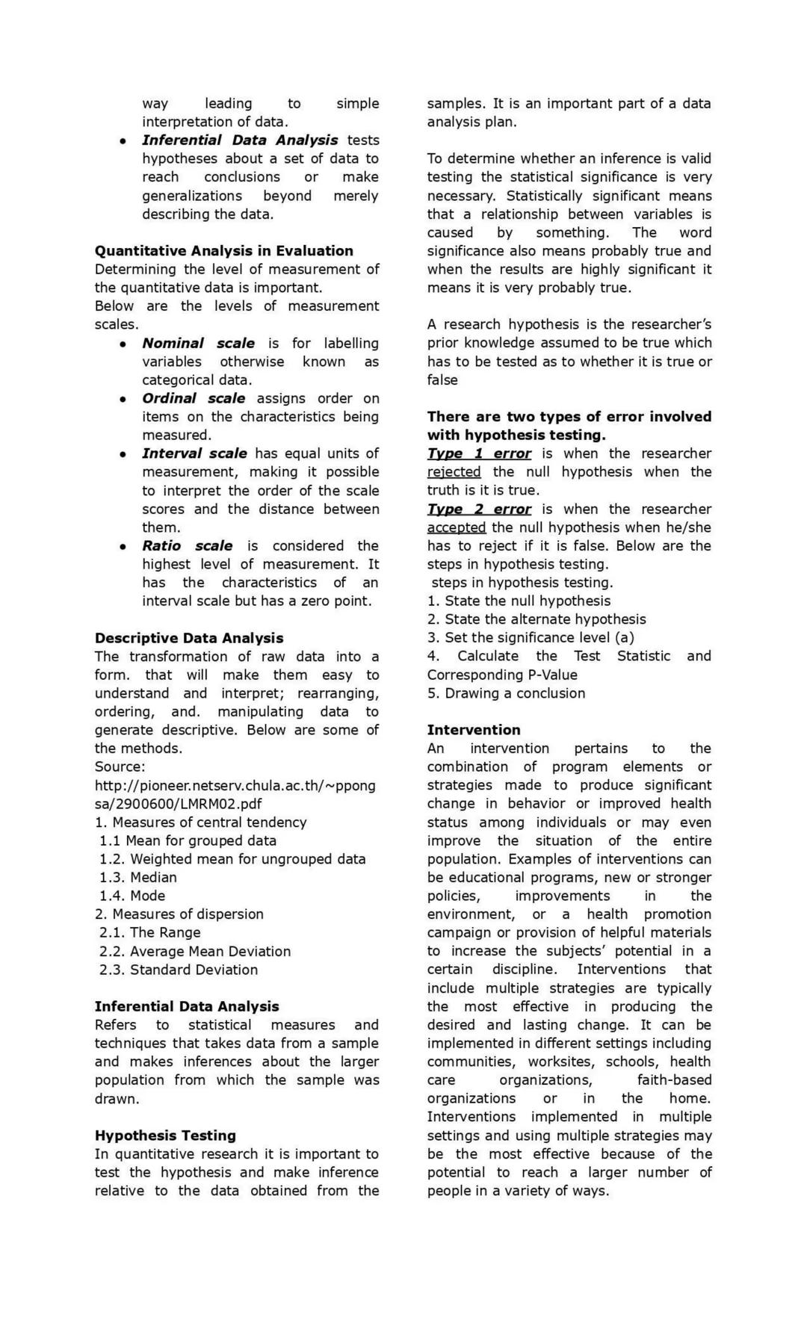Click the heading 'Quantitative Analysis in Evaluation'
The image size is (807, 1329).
point(223,251)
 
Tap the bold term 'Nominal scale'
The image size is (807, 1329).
point(198,344)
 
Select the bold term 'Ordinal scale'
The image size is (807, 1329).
point(194,398)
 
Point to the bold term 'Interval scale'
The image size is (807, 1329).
point(194,453)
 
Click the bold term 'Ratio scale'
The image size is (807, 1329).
point(187,546)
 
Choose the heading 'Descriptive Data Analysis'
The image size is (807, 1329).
point(189,638)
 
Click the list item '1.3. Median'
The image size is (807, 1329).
point(138,877)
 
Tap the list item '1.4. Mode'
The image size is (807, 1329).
point(132,896)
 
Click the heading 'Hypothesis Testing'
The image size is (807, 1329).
point(165,1136)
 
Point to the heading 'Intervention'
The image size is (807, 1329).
point(474,730)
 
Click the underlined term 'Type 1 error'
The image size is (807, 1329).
point(479,453)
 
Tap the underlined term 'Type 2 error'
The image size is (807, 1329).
point(479,509)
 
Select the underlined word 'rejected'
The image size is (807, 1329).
point(454,472)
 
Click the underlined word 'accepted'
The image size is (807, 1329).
point(456,527)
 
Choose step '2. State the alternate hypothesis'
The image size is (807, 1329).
point(537,619)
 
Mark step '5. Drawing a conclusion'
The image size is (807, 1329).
point(506,693)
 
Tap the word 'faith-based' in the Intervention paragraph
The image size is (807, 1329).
point(674,1080)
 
